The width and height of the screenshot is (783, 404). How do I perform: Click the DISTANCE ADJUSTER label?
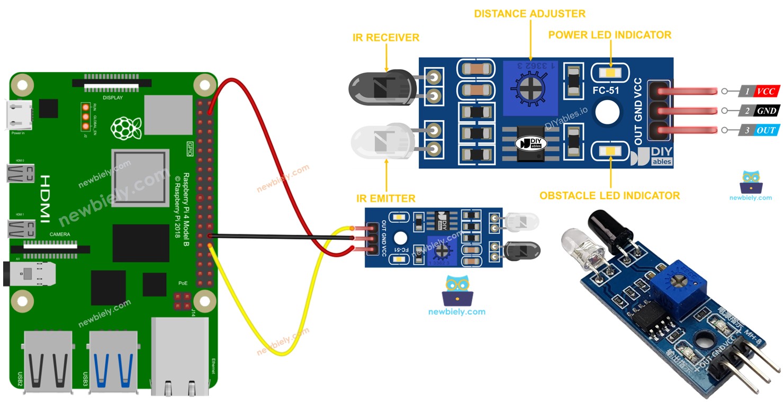(x=529, y=13)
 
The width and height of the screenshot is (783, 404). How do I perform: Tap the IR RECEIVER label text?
(x=386, y=38)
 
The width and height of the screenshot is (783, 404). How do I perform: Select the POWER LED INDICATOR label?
(x=609, y=35)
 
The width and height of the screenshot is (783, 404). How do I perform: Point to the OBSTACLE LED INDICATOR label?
(x=609, y=196)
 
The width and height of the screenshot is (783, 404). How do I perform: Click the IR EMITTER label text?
(x=386, y=199)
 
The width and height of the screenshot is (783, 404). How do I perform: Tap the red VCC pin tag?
(x=766, y=92)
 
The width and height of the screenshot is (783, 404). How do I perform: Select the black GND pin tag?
(x=766, y=111)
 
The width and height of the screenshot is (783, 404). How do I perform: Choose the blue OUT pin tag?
(x=766, y=130)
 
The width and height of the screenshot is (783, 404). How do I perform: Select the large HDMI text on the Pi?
(x=46, y=195)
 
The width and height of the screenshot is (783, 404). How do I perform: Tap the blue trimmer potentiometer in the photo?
(x=679, y=285)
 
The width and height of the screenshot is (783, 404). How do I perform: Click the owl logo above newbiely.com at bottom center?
(x=456, y=289)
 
